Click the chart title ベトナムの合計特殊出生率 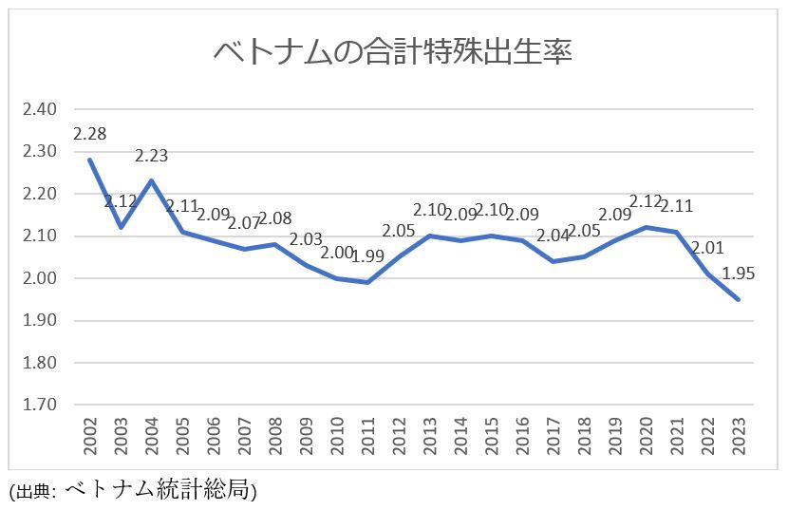click(392, 51)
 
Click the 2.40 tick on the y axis click(40, 109)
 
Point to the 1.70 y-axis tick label click(40, 405)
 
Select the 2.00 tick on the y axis click(40, 278)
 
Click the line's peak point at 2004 click(152, 180)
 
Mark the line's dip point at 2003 click(121, 227)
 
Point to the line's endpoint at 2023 click(737, 299)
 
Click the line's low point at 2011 click(367, 282)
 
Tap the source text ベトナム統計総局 click(160, 490)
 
